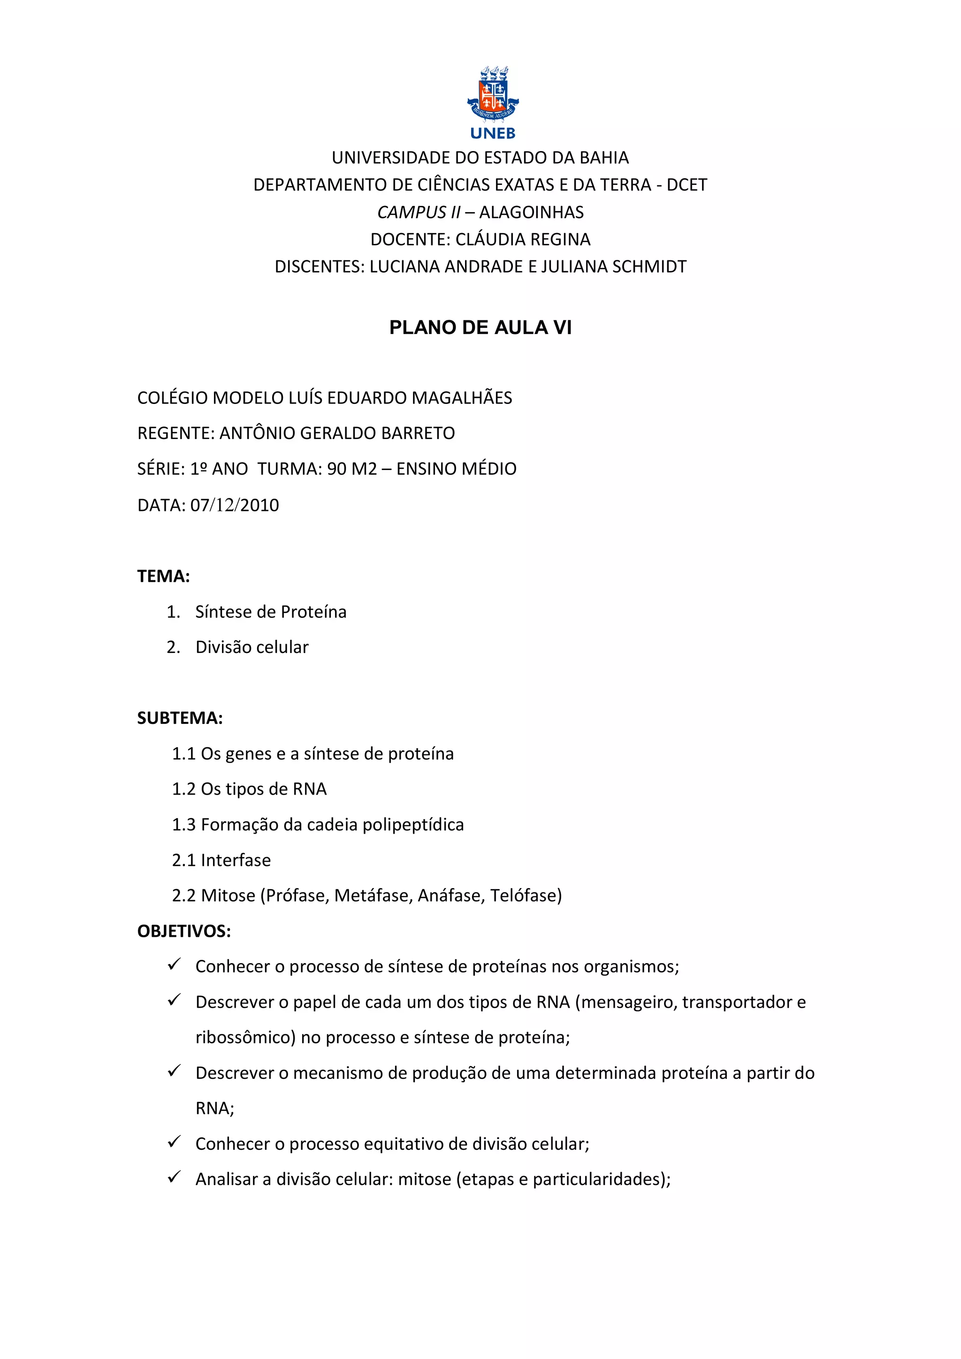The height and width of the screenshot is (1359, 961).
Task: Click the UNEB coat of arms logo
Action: pos(493,93)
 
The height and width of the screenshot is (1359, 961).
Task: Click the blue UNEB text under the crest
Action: pos(493,134)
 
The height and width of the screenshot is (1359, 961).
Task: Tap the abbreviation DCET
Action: pos(687,185)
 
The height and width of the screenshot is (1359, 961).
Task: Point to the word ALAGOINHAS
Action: pos(531,213)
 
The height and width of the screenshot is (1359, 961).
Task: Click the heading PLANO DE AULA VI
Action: pos(480,328)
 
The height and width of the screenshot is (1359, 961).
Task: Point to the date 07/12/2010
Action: pos(235,506)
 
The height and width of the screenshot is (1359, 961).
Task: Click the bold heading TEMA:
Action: pos(163,577)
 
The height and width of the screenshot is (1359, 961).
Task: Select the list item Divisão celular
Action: pos(252,647)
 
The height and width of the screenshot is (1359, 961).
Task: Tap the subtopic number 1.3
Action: pos(183,825)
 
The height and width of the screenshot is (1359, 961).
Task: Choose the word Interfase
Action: pos(236,861)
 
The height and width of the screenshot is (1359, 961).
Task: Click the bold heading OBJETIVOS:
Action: pos(184,932)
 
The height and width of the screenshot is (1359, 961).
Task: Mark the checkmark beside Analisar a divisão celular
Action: pos(174,1177)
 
